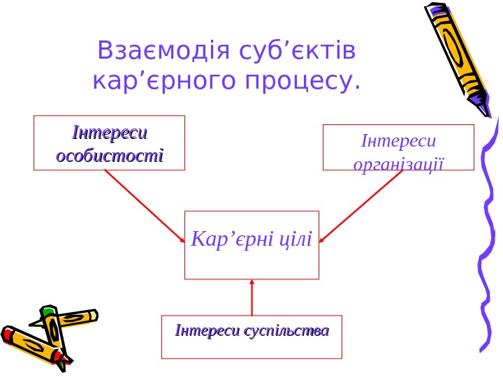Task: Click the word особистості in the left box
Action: tap(110, 154)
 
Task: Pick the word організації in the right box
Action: tap(399, 164)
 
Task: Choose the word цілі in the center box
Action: tap(296, 240)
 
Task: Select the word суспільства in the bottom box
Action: tap(286, 330)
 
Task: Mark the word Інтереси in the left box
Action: tap(110, 133)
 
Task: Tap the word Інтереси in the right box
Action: tap(399, 142)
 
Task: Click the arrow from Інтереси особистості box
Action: tap(145, 206)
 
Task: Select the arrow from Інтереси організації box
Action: tap(361, 207)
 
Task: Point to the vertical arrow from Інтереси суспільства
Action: tap(251, 297)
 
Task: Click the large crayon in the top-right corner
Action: tap(458, 52)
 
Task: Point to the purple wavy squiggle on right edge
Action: tap(489, 237)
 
